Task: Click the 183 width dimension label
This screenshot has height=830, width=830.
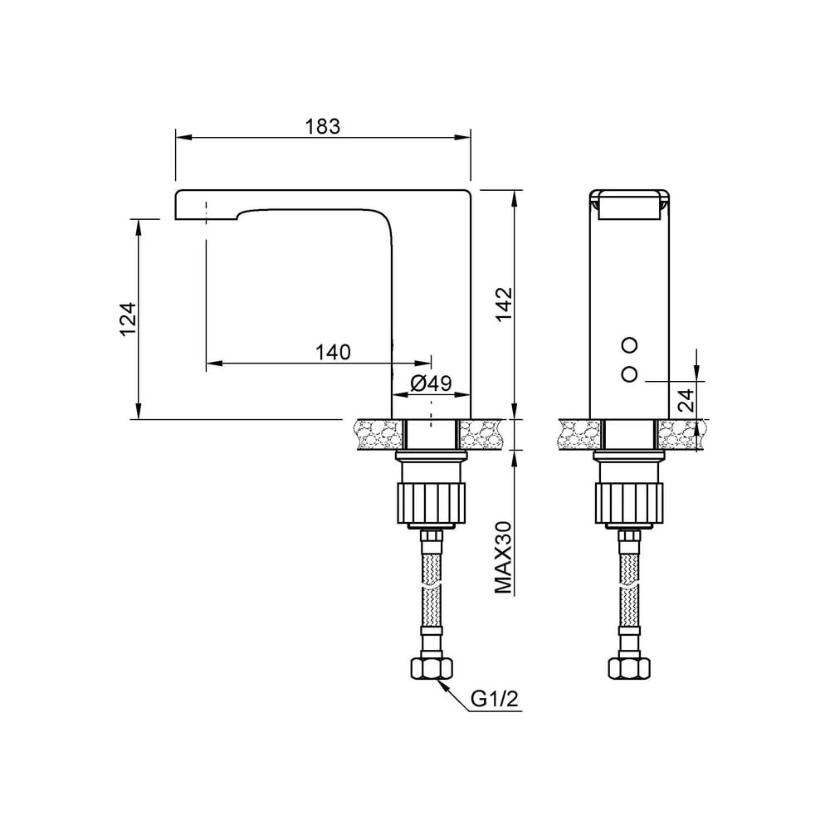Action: (x=322, y=126)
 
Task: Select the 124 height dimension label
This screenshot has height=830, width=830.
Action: (x=128, y=320)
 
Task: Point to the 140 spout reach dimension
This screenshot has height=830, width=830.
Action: (x=333, y=351)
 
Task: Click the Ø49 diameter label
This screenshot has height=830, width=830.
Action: (x=430, y=383)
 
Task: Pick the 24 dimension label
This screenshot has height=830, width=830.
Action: (x=686, y=400)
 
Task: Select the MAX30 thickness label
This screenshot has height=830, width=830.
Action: (x=504, y=558)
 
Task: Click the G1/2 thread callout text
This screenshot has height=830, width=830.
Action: (x=494, y=699)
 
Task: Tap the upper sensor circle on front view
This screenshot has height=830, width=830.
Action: (x=629, y=345)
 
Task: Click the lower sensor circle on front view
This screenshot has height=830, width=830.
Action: (x=629, y=374)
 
